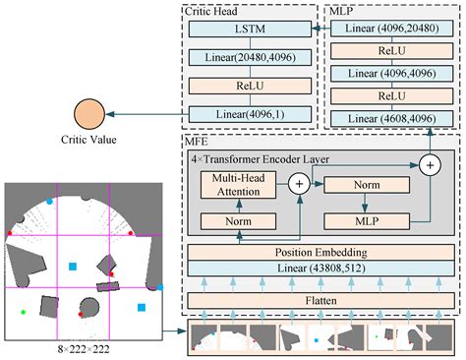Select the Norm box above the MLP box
365,185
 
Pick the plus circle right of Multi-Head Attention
296,184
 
